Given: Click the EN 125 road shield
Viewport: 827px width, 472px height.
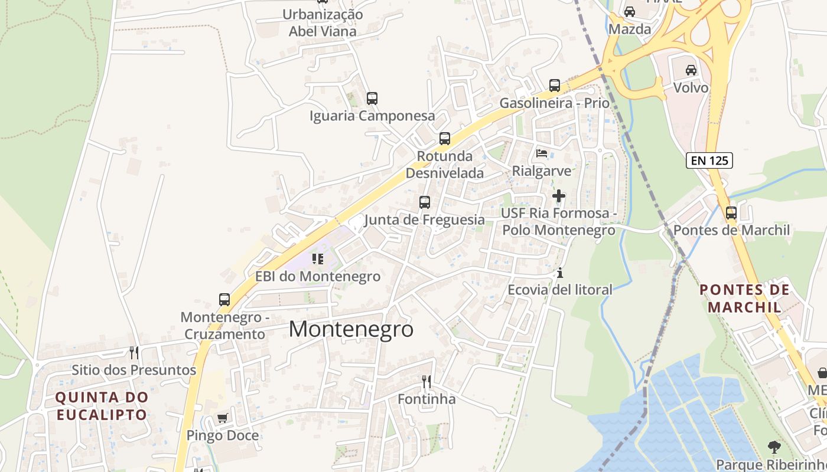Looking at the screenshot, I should [709, 160].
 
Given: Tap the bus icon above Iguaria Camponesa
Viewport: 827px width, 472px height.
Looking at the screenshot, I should [372, 99].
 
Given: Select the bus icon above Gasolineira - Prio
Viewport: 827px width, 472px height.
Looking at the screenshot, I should [554, 86].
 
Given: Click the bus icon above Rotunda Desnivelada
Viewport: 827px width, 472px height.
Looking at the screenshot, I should [444, 139].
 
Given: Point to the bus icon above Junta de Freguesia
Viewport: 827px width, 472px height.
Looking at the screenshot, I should [424, 202].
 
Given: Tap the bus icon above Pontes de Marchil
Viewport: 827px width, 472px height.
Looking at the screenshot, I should [731, 213].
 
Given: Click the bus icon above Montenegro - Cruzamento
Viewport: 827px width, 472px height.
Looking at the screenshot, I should [224, 300].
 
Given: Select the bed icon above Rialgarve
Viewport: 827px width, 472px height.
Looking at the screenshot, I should [541, 154].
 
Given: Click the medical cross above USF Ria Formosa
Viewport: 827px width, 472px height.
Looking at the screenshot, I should [558, 195].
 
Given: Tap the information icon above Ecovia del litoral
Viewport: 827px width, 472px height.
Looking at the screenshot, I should [559, 273].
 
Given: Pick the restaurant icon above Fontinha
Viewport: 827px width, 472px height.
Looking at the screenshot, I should [426, 382].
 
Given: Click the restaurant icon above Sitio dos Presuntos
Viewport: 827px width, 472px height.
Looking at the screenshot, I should [134, 353].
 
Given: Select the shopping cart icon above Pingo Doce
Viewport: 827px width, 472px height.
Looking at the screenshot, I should [222, 418].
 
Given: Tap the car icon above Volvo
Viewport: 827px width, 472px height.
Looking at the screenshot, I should [691, 70].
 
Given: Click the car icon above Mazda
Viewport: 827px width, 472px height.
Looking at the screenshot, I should [630, 12].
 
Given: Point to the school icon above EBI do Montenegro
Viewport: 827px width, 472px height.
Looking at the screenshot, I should [318, 259].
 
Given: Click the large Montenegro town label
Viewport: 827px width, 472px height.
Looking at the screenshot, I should [351, 329].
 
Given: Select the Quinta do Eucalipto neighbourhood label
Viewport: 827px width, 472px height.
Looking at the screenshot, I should [102, 406].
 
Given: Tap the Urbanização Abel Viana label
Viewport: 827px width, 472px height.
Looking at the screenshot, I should [323, 22].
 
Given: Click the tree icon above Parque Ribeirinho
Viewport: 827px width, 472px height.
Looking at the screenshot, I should [774, 447].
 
